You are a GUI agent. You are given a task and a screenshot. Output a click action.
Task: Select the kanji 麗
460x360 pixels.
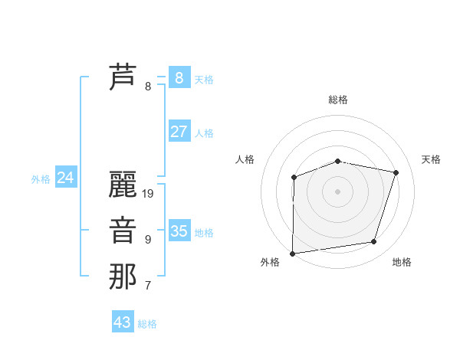pyautogui.click(x=123, y=185)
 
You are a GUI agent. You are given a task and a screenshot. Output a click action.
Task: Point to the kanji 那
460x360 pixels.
pyautogui.click(x=123, y=277)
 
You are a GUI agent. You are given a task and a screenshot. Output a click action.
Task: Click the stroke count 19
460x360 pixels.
pyautogui.click(x=148, y=194)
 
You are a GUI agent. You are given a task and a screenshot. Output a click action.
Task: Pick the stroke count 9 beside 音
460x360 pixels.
pyautogui.click(x=148, y=240)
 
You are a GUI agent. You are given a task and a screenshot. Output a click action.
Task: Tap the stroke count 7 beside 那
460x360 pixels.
pyautogui.click(x=148, y=286)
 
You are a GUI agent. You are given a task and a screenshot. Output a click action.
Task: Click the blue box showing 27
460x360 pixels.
pyautogui.click(x=179, y=132)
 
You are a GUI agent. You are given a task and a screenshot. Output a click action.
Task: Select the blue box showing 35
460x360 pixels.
pyautogui.click(x=179, y=231)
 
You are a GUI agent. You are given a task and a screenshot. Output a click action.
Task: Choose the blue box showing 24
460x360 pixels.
pyautogui.click(x=65, y=178)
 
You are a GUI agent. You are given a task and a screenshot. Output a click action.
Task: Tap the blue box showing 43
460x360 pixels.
pyautogui.click(x=122, y=322)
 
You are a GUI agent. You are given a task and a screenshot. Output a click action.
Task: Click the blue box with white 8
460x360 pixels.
pyautogui.click(x=179, y=78)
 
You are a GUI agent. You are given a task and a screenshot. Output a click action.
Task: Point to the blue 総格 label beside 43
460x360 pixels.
pyautogui.click(x=147, y=324)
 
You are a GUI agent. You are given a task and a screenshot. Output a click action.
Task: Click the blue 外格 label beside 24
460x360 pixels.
pyautogui.click(x=41, y=179)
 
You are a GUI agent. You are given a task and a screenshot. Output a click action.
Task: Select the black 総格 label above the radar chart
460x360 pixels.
pyautogui.click(x=337, y=100)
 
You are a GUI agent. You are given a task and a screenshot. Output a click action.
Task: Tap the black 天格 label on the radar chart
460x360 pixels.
pyautogui.click(x=431, y=159)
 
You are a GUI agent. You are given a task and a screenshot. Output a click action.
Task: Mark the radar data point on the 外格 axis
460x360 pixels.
pyautogui.click(x=293, y=253)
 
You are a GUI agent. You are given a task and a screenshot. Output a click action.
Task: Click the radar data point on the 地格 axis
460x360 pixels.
pyautogui.click(x=374, y=242)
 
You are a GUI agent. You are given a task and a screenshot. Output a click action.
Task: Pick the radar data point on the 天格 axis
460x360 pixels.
pyautogui.click(x=396, y=172)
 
